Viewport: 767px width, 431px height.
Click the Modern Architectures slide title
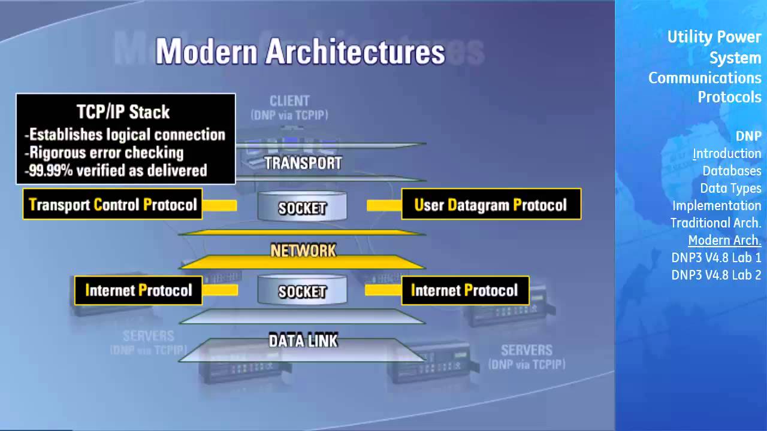tap(300, 52)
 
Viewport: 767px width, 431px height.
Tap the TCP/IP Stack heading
tap(123, 112)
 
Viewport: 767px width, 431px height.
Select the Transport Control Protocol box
tap(113, 205)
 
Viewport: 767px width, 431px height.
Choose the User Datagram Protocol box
tap(491, 205)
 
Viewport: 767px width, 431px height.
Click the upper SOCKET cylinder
tap(302, 208)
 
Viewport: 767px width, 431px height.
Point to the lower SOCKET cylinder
tap(302, 291)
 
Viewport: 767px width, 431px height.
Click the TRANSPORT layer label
tap(303, 163)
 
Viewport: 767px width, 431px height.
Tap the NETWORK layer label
tap(303, 250)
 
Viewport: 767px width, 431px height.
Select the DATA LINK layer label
tap(303, 341)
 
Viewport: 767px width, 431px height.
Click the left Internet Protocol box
tap(138, 290)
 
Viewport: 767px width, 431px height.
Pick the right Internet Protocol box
tap(464, 290)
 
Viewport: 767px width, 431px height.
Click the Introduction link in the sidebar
tap(727, 154)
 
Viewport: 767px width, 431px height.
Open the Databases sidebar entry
tap(732, 171)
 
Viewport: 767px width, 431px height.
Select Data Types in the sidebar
tap(730, 189)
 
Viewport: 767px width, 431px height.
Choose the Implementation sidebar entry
tap(717, 206)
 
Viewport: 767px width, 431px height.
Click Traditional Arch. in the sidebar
tap(715, 223)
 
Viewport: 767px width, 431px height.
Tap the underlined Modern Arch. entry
tap(724, 241)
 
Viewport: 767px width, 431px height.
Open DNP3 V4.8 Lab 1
tap(716, 258)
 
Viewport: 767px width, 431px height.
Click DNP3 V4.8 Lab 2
tap(716, 275)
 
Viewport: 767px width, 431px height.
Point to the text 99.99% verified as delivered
tap(116, 171)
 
